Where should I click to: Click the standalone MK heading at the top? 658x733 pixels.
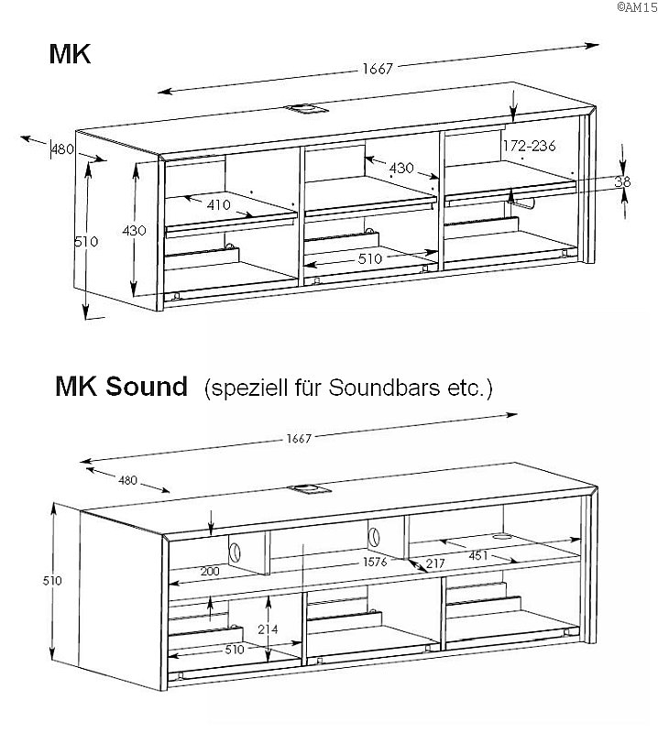point(70,54)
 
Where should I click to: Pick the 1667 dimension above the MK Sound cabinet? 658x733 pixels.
point(299,438)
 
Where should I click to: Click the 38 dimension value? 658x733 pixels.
point(622,182)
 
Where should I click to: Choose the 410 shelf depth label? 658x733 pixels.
point(218,205)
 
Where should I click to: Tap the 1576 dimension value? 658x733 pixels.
point(374,561)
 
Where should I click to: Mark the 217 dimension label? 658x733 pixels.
point(434,563)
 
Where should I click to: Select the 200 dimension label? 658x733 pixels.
point(210,571)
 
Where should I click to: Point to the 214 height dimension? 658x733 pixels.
point(268,629)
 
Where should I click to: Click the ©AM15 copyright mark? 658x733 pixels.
point(635,6)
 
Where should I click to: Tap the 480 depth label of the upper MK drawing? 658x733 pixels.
point(62,149)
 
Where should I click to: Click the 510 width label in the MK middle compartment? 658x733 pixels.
point(369,259)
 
